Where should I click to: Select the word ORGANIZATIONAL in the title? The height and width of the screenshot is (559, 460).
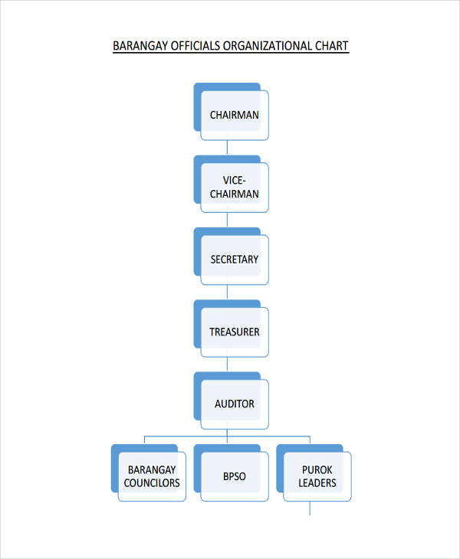click(x=266, y=46)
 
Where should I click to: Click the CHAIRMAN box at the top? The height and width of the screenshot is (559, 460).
click(x=234, y=115)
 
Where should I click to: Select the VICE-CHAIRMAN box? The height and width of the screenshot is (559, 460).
click(x=234, y=187)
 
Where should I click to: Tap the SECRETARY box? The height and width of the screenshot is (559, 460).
click(x=234, y=260)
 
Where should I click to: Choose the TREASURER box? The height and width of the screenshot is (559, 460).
click(x=234, y=332)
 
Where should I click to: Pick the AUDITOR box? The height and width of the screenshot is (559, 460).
click(x=234, y=404)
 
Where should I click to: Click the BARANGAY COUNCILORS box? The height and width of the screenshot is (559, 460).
click(x=152, y=476)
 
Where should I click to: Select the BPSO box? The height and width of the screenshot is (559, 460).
click(x=234, y=476)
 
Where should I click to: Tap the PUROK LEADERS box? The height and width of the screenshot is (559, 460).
click(x=317, y=476)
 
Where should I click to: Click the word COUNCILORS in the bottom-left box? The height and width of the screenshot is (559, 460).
click(x=152, y=483)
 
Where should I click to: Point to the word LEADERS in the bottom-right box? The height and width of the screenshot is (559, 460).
click(x=317, y=483)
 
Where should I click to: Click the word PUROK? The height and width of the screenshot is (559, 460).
click(x=317, y=469)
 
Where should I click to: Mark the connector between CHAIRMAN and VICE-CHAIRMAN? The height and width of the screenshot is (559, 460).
click(x=228, y=149)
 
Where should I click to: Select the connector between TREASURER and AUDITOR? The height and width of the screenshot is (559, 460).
click(x=228, y=366)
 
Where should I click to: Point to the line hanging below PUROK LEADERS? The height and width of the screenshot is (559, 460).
click(x=310, y=508)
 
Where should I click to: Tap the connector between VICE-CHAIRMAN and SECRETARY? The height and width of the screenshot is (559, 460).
click(x=228, y=221)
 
